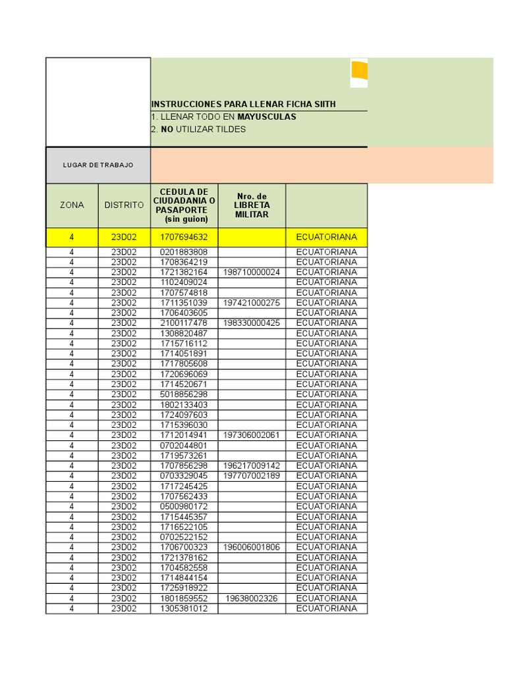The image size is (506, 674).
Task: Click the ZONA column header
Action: [72, 205]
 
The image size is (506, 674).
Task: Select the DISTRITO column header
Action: [124, 205]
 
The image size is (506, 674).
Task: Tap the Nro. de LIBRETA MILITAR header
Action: [252, 205]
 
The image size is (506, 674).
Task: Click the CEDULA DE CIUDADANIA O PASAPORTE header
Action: [184, 205]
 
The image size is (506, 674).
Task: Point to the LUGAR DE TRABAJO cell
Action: [98, 165]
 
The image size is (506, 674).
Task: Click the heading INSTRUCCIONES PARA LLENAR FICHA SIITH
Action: [244, 105]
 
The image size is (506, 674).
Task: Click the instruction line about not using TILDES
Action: [198, 130]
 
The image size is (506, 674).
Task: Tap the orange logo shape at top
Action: [359, 73]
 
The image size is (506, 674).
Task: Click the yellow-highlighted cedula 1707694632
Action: [184, 237]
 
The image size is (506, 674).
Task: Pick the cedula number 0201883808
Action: [184, 252]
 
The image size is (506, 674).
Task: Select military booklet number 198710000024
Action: [252, 272]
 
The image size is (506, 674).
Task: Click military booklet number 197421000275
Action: [252, 303]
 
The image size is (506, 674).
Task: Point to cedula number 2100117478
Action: [184, 323]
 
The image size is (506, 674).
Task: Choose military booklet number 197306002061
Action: [252, 435]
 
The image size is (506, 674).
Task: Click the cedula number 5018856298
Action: [184, 394]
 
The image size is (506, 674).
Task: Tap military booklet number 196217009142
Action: [252, 466]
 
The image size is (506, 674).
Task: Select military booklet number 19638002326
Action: [252, 599]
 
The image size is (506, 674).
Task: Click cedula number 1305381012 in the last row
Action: [184, 609]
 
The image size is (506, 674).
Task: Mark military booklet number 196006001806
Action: [252, 548]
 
